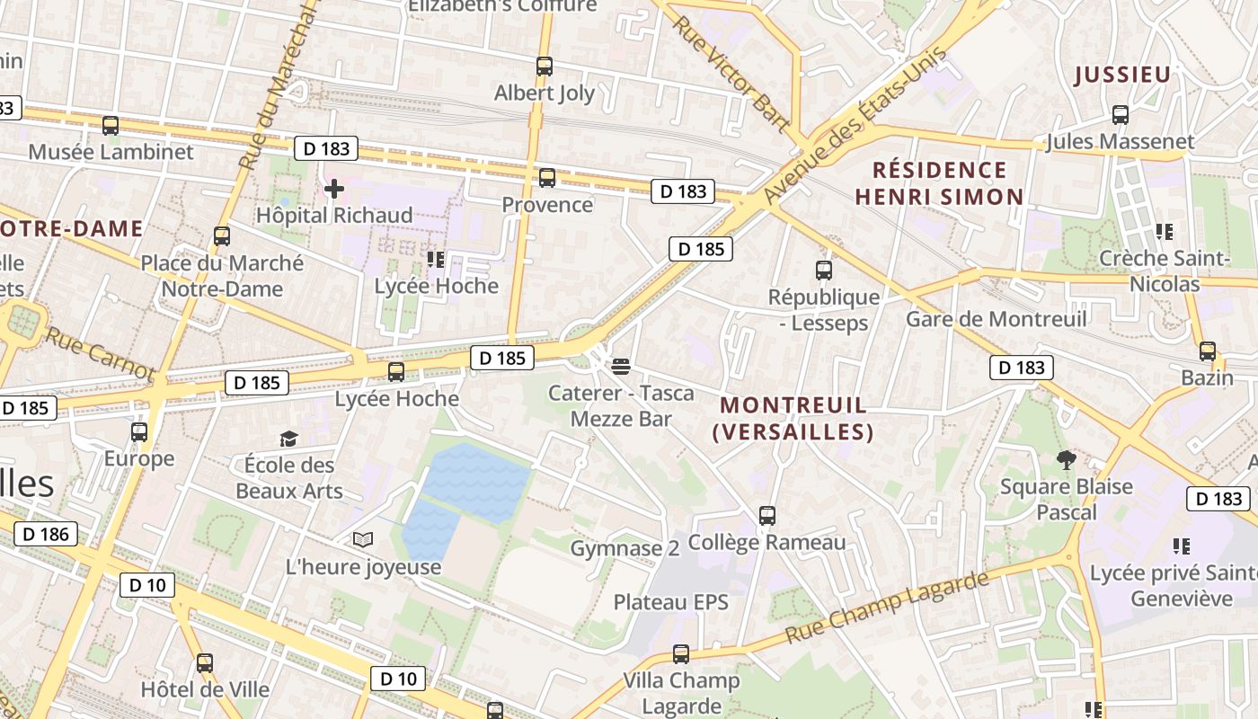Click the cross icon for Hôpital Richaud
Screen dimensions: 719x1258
(334, 189)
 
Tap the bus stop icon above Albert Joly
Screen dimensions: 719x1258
(544, 67)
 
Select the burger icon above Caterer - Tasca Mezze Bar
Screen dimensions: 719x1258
(620, 366)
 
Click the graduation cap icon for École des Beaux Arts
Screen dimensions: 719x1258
(288, 439)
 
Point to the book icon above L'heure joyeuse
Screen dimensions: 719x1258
(362, 540)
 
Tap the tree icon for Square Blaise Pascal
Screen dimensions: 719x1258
(1067, 460)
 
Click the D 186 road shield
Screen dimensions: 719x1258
(45, 535)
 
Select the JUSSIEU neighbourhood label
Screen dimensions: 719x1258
(1122, 75)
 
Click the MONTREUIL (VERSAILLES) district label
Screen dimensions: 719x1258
(793, 419)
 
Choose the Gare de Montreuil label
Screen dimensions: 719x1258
(996, 319)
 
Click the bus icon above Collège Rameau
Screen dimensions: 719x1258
(766, 516)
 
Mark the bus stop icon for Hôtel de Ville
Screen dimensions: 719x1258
(205, 664)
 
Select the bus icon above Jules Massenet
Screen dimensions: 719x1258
(1120, 115)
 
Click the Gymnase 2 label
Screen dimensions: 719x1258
(625, 548)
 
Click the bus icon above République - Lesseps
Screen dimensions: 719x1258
(823, 270)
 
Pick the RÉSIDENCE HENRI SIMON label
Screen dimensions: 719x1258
(939, 183)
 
